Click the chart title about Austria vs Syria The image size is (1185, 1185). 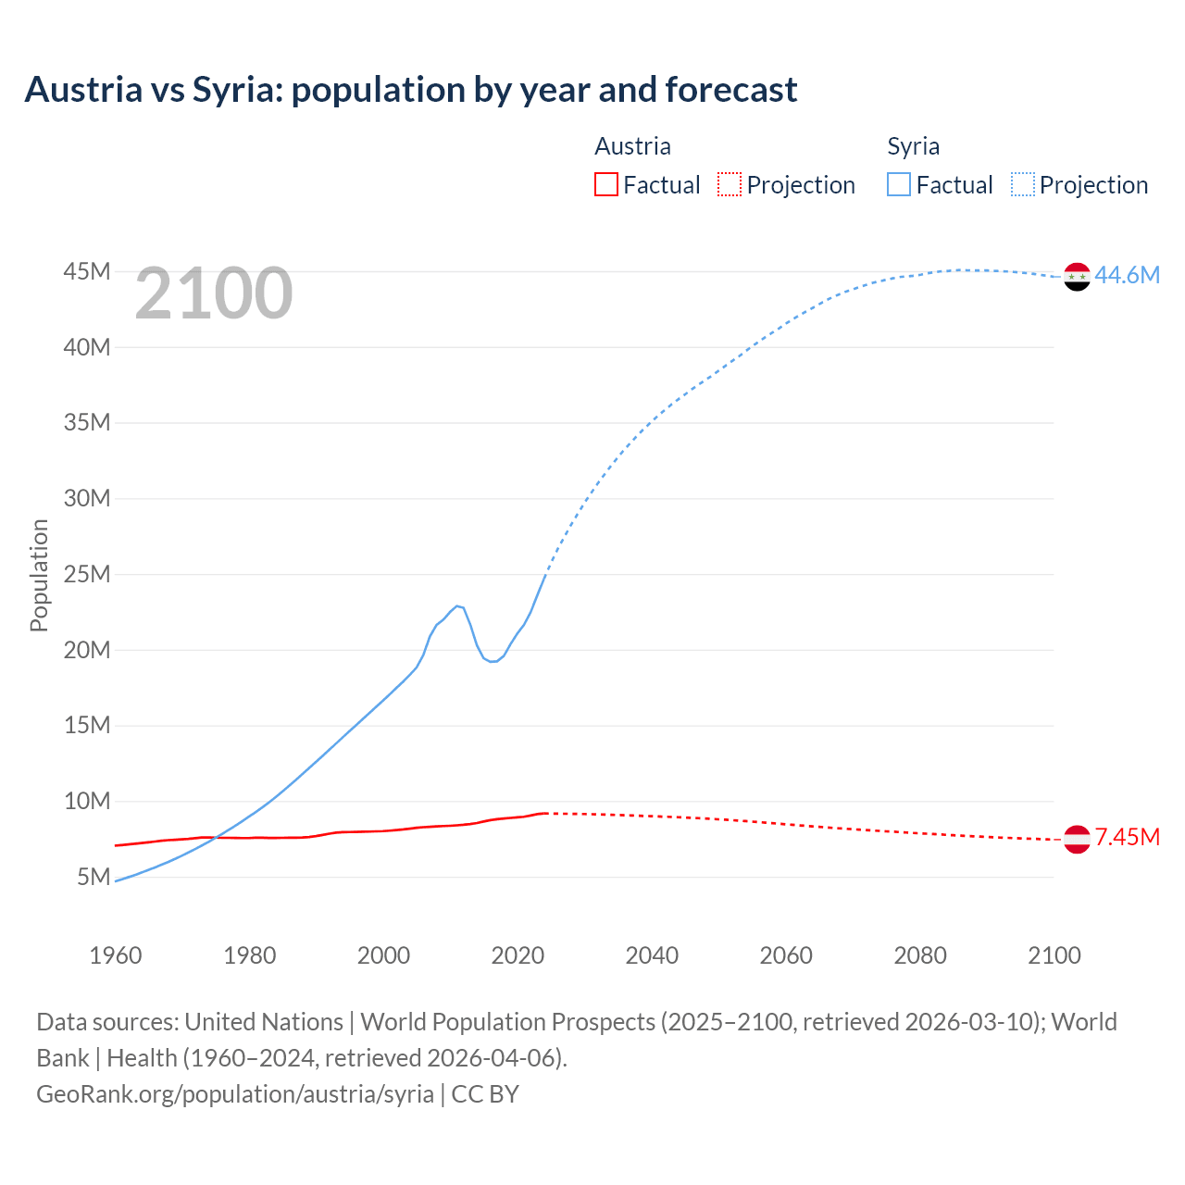[x=410, y=90]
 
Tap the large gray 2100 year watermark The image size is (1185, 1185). [x=214, y=293]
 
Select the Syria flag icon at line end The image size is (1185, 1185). [x=1077, y=276]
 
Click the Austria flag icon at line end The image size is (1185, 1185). [x=1077, y=839]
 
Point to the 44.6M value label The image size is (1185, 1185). [x=1127, y=275]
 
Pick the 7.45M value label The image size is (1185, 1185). [x=1127, y=838]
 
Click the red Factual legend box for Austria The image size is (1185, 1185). [x=605, y=184]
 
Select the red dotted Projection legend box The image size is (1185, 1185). [x=730, y=184]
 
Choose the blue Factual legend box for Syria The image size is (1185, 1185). [x=898, y=184]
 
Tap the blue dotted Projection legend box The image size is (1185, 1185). [x=1022, y=184]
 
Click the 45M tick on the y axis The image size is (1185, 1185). [x=87, y=271]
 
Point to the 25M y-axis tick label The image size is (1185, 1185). [x=87, y=574]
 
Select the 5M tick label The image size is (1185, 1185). [x=94, y=877]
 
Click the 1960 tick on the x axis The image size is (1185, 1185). [x=116, y=955]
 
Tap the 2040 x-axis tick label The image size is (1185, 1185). [x=652, y=955]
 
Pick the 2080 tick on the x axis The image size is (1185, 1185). [x=920, y=955]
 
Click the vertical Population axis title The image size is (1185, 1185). [x=39, y=575]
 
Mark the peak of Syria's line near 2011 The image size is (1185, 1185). [x=456, y=605]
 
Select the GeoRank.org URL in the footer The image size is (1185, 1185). [x=235, y=1094]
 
